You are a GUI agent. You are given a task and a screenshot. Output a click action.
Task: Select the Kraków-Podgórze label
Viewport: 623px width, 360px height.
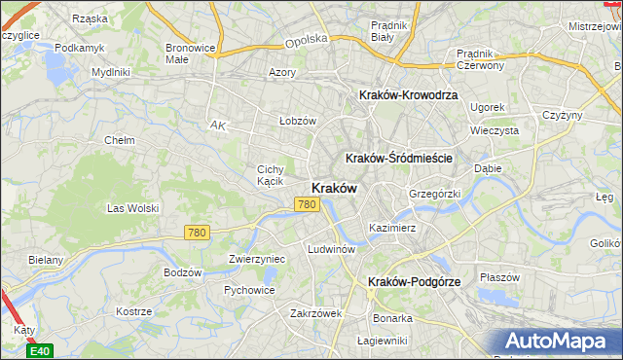click(414, 281)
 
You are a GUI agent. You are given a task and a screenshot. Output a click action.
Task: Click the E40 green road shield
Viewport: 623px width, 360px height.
click(39, 350)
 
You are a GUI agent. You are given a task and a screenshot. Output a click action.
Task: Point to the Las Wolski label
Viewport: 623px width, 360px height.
click(132, 208)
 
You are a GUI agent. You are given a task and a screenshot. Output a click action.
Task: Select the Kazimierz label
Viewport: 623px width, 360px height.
click(392, 228)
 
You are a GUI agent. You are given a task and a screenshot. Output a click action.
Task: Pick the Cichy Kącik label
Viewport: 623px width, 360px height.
click(270, 175)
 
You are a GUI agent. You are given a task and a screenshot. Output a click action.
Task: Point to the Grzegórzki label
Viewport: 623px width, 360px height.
click(434, 194)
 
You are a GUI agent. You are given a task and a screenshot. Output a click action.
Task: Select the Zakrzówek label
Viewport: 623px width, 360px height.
click(316, 313)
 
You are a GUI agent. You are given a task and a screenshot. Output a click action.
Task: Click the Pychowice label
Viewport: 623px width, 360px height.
click(249, 290)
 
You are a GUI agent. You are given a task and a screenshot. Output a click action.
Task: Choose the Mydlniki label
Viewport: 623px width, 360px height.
click(110, 72)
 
